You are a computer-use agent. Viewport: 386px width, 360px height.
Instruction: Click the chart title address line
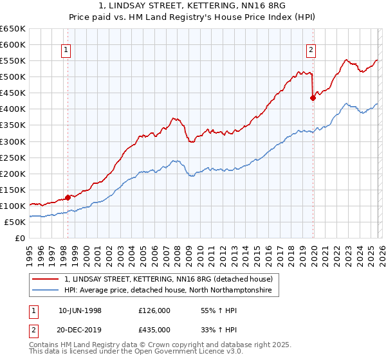[192, 7]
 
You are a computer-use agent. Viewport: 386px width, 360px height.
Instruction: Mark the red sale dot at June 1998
[68, 197]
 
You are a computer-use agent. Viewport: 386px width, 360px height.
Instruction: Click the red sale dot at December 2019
[313, 98]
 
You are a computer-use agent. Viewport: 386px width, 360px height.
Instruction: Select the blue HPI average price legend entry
[168, 291]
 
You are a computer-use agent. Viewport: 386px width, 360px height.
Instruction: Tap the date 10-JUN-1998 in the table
[80, 310]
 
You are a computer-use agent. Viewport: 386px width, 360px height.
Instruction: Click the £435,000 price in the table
[154, 329]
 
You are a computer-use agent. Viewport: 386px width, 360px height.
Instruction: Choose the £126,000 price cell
[154, 310]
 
